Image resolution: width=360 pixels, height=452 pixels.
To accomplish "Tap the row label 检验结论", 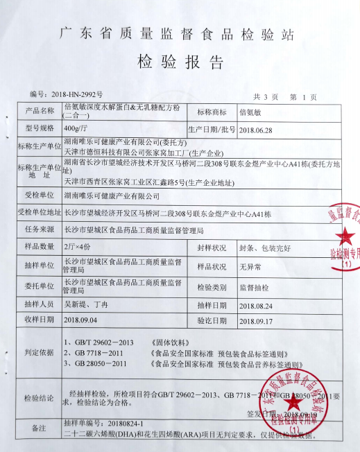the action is pos(37,398).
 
